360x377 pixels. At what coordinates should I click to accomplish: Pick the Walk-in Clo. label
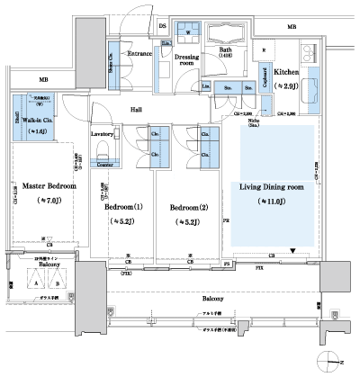[33, 120]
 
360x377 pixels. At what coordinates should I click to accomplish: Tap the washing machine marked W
[187, 33]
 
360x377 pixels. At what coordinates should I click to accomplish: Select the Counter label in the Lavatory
[103, 166]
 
